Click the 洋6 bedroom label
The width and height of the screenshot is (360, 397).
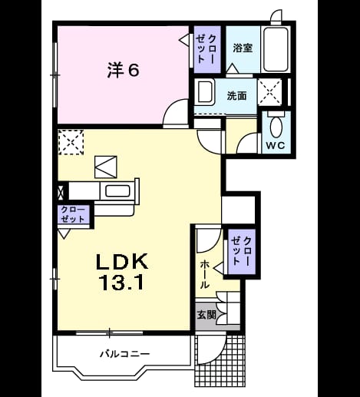(x=123, y=70)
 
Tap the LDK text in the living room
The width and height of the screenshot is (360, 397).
(x=122, y=261)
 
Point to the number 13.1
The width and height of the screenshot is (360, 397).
(x=122, y=282)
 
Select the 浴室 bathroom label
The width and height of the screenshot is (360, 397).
(x=243, y=48)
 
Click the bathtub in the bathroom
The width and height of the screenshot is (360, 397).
(x=276, y=49)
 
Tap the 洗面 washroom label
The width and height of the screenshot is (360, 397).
(x=237, y=95)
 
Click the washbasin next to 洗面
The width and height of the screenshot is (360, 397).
(x=204, y=92)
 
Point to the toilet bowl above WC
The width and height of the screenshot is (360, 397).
(x=276, y=127)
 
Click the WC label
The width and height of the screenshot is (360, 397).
(x=276, y=146)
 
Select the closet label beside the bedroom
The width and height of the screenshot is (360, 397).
(x=206, y=49)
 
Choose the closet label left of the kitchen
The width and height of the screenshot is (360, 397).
(x=73, y=214)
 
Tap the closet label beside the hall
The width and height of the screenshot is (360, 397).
(x=241, y=250)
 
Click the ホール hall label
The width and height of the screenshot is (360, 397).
(x=205, y=274)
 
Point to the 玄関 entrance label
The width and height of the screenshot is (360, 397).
(x=206, y=315)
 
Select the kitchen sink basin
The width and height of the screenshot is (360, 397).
(x=117, y=191)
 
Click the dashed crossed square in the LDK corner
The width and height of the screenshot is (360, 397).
(x=71, y=142)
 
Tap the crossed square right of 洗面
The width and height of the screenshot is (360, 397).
(x=269, y=92)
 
